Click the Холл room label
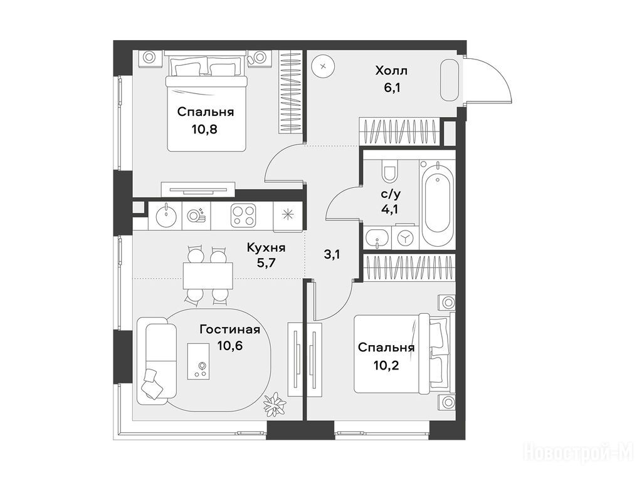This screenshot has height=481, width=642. (x=391, y=71)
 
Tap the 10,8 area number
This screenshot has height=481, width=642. (x=204, y=129)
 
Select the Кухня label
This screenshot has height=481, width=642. (x=266, y=247)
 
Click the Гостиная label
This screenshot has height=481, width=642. (x=230, y=329)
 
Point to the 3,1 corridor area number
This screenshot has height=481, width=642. (x=332, y=255)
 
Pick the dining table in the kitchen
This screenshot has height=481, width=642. (x=208, y=276)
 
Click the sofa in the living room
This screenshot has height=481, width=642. (x=155, y=361)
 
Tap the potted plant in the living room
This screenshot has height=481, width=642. (x=275, y=404)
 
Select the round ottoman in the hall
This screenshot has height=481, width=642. (x=324, y=66)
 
